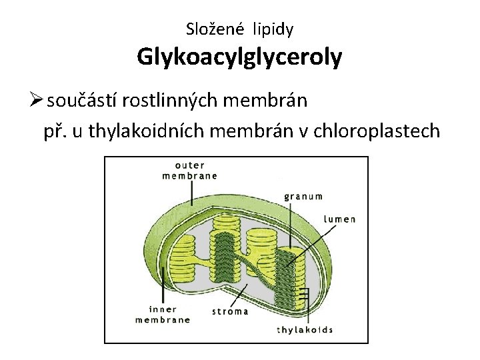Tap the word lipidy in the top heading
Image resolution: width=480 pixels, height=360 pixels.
(x=271, y=29)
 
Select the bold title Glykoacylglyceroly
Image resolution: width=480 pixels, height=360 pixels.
(x=239, y=57)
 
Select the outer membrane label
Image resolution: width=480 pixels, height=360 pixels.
(x=190, y=171)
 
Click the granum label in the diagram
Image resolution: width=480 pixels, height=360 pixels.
(x=303, y=196)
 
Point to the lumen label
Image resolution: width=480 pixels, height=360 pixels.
(x=340, y=219)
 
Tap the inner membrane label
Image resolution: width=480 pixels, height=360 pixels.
(x=163, y=314)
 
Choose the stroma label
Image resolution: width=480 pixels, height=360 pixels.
(x=230, y=311)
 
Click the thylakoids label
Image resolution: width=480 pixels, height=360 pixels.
(x=305, y=329)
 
